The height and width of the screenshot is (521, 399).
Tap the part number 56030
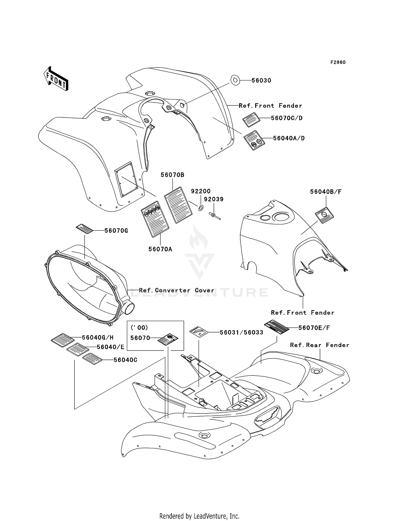[261, 80]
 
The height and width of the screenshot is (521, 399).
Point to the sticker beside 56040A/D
[254, 140]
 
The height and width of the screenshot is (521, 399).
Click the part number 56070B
[172, 175]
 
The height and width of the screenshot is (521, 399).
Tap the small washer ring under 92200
[201, 207]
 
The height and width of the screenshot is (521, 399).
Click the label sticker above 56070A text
[155, 219]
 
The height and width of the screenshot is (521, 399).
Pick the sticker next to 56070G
[85, 229]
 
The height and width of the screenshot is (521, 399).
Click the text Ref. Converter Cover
[177, 290]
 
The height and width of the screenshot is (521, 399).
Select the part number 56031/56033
[242, 332]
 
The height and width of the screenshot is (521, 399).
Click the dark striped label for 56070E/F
[277, 327]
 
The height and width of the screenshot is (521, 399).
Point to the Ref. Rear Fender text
[319, 345]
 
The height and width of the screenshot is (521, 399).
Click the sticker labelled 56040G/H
[63, 340]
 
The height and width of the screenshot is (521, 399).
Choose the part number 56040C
[125, 360]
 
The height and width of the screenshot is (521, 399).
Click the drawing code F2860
[338, 62]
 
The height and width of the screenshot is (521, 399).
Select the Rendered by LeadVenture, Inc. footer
[199, 516]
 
